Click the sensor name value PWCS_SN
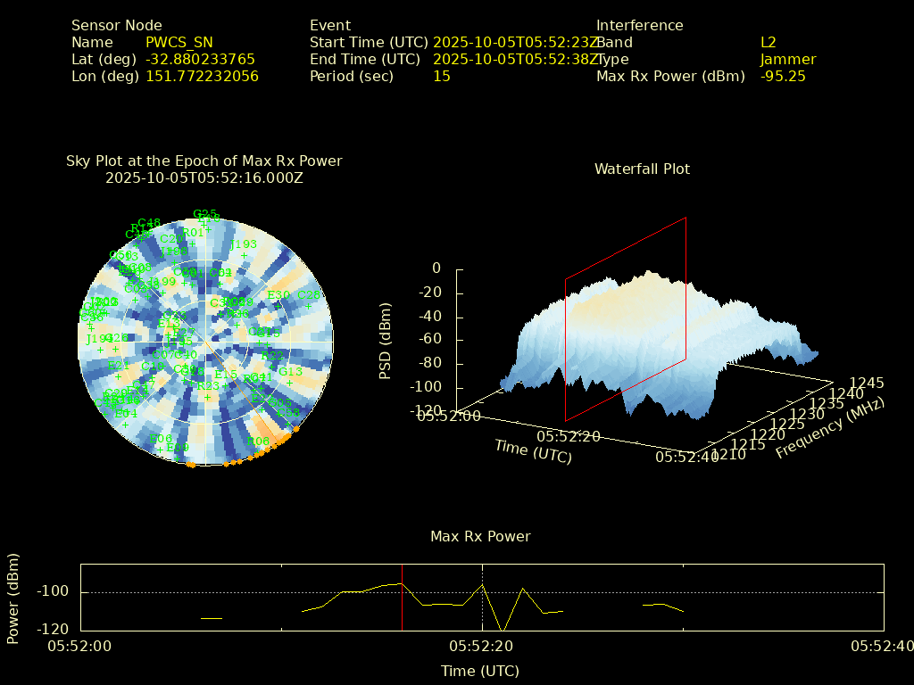pos(179,42)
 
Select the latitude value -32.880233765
pos(200,59)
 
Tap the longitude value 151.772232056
pos(202,76)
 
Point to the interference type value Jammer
pos(788,59)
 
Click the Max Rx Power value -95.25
pos(783,76)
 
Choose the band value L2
pos(769,42)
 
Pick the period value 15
pos(442,76)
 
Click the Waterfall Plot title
pos(642,169)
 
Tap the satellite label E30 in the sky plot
pos(278,295)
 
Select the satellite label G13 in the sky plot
pos(291,372)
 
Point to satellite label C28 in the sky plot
pos(308,295)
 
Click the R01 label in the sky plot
pos(193,234)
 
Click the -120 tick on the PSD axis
pos(425,411)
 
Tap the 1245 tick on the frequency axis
pos(867,383)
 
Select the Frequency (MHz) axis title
pos(829,429)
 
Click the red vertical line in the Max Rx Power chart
pos(402,597)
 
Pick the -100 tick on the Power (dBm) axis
pos(55,592)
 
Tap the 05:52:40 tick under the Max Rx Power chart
pos(882,646)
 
